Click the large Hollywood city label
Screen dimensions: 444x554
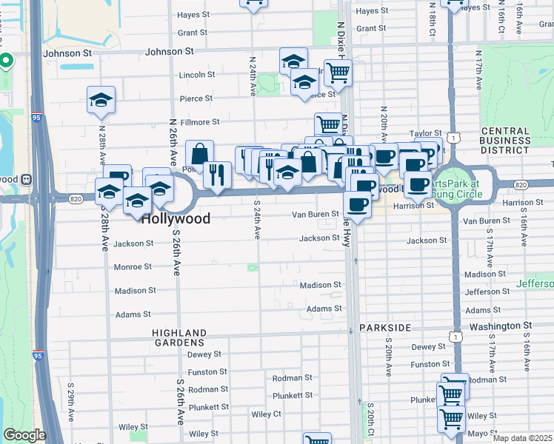175,218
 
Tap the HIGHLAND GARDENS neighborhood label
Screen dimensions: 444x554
178,337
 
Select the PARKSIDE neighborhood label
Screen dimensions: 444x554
384,326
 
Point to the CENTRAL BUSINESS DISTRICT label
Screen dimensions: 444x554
505,141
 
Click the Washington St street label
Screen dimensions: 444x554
500,325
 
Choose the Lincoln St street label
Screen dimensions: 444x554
197,75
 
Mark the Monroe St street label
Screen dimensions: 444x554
133,266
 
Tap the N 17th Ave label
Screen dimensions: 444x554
479,67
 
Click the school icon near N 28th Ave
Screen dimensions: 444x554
101,101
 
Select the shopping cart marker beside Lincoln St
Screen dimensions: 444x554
338,73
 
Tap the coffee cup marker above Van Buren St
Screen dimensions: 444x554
357,204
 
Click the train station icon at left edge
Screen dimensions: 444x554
26,178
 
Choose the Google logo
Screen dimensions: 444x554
24,435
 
